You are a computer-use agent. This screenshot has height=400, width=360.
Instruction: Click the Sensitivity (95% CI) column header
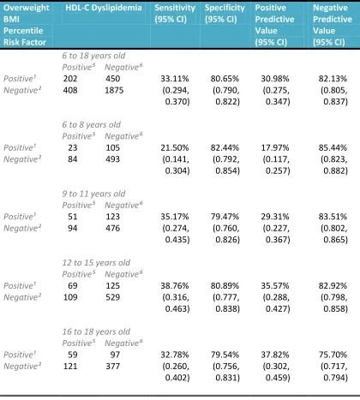click(175, 14)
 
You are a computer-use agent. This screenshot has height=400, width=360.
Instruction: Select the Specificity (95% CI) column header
click(225, 14)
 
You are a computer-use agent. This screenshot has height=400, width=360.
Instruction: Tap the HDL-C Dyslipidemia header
click(104, 8)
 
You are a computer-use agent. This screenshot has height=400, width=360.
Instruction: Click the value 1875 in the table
click(114, 90)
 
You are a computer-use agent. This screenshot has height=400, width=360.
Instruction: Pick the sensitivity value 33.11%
click(175, 79)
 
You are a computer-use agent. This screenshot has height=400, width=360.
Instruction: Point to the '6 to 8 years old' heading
click(92, 125)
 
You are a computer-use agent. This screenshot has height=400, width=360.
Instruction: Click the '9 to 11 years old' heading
click(93, 194)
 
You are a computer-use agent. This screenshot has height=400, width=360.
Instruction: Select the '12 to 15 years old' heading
click(96, 263)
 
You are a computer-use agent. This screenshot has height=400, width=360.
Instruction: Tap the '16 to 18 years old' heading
click(96, 331)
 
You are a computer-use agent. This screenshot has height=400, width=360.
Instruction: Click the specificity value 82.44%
click(225, 147)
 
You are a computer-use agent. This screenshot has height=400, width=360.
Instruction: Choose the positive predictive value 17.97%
click(275, 147)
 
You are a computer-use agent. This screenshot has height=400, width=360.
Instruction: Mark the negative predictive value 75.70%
click(333, 355)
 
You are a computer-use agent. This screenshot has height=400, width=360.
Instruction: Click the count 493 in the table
click(113, 159)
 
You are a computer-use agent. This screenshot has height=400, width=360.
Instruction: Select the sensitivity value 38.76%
click(175, 285)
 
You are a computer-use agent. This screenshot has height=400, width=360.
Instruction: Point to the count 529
click(113, 297)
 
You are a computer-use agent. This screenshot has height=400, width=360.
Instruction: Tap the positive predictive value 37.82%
click(275, 355)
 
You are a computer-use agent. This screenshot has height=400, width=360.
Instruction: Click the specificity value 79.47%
click(225, 217)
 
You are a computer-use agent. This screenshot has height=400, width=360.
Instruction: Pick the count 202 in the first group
click(70, 79)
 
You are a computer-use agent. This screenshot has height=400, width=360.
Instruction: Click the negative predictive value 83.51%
click(333, 217)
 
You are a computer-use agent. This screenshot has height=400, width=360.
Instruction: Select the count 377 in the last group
click(113, 366)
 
